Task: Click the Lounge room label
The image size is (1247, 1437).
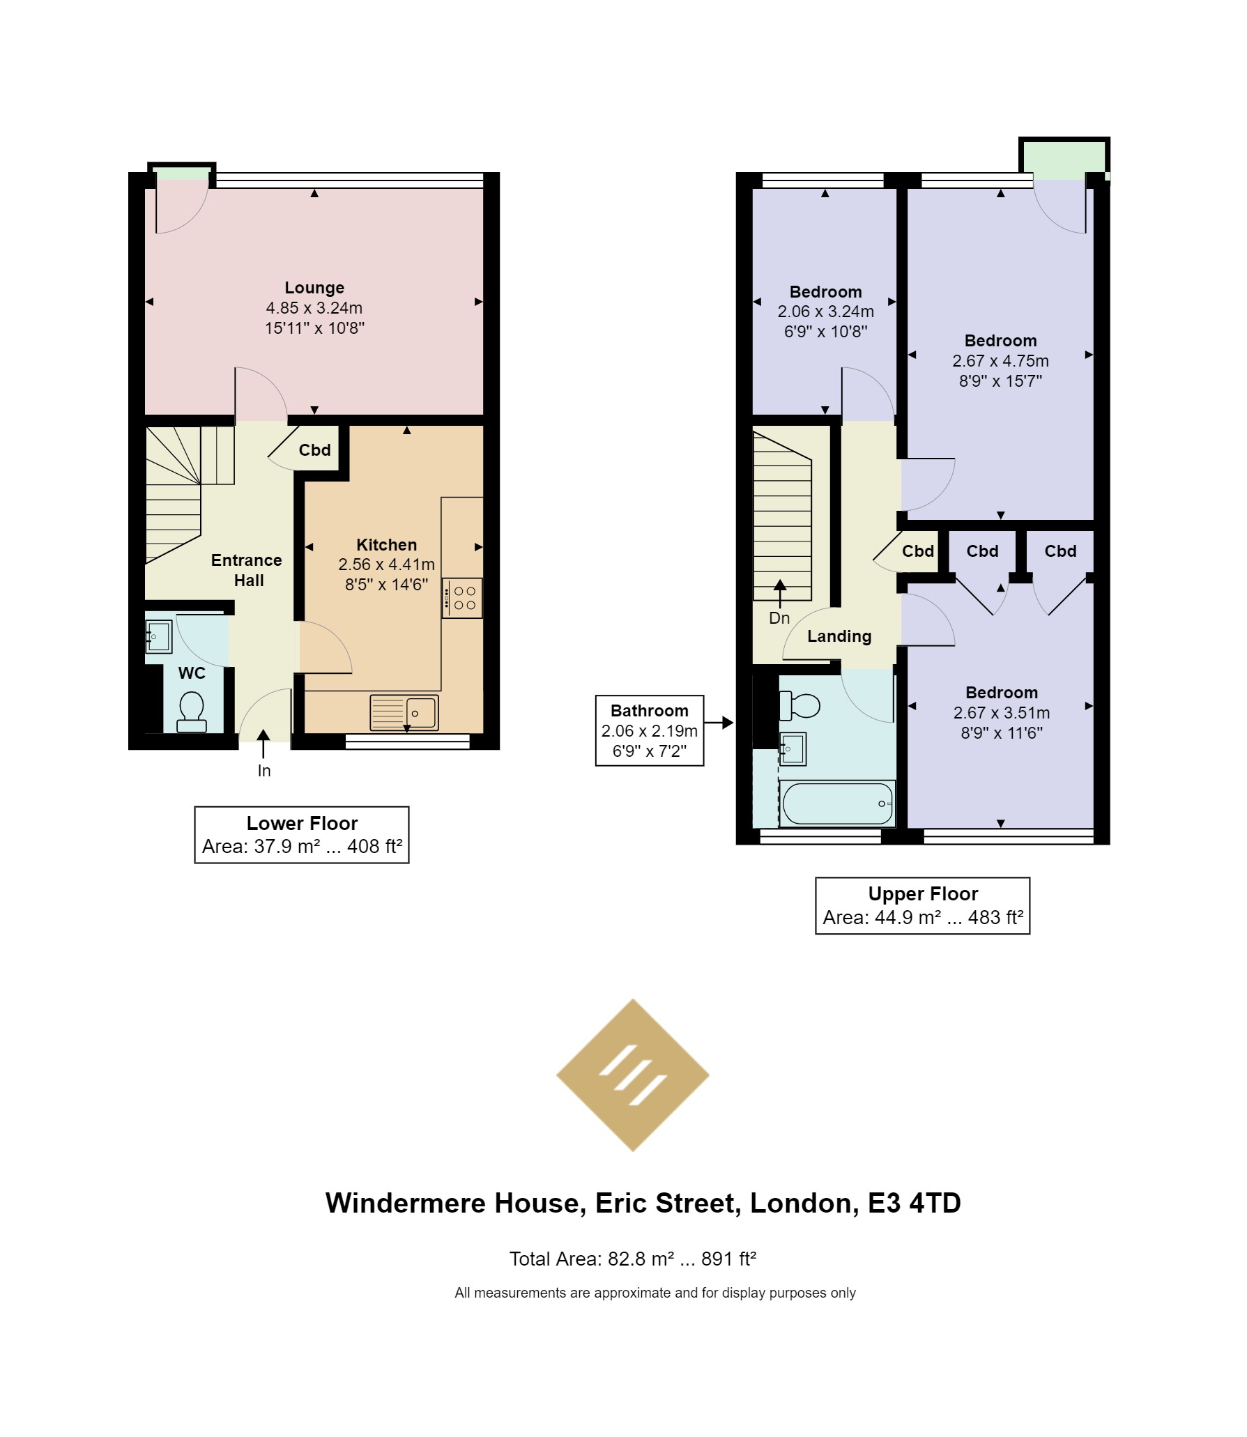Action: click(314, 288)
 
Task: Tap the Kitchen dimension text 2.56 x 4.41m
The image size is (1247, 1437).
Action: click(387, 564)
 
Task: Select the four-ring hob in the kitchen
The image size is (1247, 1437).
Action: click(462, 598)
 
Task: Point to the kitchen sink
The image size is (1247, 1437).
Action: click(404, 712)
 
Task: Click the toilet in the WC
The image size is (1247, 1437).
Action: click(191, 712)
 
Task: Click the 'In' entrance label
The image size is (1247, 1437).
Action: click(264, 771)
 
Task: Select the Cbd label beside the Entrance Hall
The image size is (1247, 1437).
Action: click(315, 450)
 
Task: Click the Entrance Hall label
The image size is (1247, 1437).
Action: click(247, 570)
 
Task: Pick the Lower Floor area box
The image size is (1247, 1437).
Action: click(302, 835)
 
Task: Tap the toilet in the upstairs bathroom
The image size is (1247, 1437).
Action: click(800, 706)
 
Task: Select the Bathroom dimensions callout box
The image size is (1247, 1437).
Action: click(650, 730)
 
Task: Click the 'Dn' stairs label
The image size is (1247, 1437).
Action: click(779, 618)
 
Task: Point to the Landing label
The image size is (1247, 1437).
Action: click(839, 636)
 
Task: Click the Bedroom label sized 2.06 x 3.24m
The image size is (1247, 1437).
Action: click(826, 292)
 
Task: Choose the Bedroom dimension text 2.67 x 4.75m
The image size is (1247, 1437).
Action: click(1001, 361)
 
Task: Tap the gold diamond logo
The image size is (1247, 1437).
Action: click(633, 1075)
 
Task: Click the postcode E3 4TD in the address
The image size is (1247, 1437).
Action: click(915, 1204)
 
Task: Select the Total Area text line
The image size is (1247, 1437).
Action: click(633, 1259)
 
